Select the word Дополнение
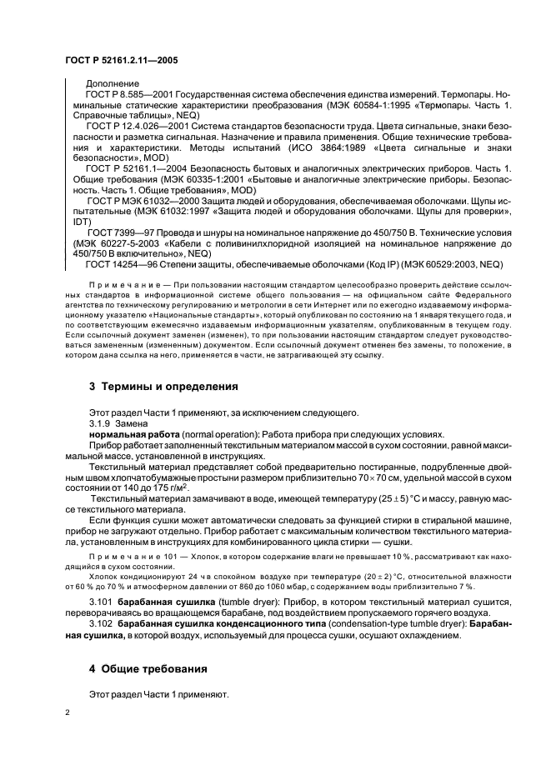[113, 84]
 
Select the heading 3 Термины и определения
[163, 387]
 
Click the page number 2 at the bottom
[68, 714]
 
